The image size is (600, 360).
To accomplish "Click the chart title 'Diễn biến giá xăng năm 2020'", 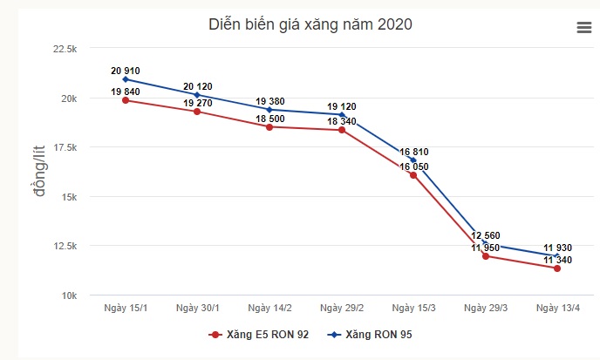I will [310, 24].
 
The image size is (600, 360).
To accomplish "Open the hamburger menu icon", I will [584, 28].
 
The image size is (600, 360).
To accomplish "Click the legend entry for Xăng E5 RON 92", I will [259, 335].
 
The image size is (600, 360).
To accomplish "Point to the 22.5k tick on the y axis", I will [65, 49].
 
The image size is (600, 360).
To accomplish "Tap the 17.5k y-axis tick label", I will [65, 147].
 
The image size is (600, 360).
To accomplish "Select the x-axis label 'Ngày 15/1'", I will [125, 309].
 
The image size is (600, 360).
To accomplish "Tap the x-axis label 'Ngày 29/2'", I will [341, 309].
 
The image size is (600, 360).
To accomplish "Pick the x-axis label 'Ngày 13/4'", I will [557, 309].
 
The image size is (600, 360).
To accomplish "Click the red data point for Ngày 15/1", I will [126, 100].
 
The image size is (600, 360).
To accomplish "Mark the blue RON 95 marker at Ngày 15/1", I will [126, 79].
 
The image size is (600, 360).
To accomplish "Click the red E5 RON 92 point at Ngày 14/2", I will [269, 127].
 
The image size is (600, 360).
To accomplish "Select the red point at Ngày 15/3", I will [413, 175].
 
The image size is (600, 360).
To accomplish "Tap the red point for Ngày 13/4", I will [557, 268].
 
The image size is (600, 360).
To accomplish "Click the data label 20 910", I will [126, 71].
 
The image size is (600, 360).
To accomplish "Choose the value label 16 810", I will [413, 152].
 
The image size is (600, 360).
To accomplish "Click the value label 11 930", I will [557, 248].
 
